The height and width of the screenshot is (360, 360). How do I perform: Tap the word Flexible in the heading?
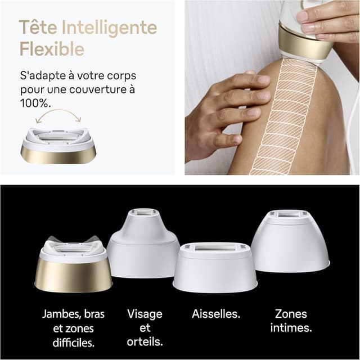(x=52, y=49)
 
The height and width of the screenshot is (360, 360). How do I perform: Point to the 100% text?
(x=35, y=103)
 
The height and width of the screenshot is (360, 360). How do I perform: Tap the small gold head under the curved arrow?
(x=59, y=146)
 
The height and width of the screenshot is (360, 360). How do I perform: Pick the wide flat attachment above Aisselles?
(x=215, y=267)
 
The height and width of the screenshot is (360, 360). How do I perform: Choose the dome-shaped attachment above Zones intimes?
(x=290, y=242)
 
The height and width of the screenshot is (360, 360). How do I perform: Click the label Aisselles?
(x=215, y=314)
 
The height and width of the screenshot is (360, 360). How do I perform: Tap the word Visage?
(x=145, y=314)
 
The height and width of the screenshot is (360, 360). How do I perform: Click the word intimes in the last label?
(x=291, y=327)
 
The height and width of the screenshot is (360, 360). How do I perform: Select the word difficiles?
(x=74, y=341)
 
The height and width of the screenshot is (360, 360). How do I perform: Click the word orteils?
(x=145, y=341)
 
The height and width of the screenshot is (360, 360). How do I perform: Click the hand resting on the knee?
(x=225, y=107)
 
